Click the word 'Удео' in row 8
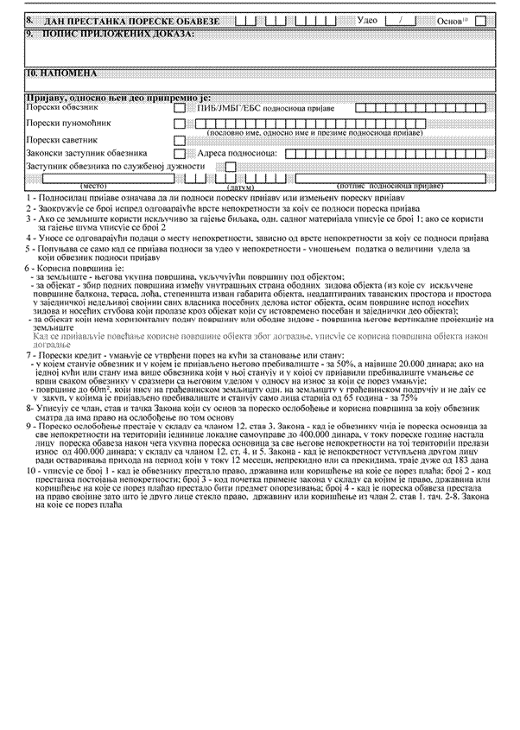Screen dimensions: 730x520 pyautogui.click(x=366, y=19)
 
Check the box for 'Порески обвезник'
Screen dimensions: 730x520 pyautogui.click(x=180, y=109)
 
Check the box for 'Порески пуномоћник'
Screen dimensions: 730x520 pyautogui.click(x=180, y=124)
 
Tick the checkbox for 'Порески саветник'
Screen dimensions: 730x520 pyautogui.click(x=180, y=140)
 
